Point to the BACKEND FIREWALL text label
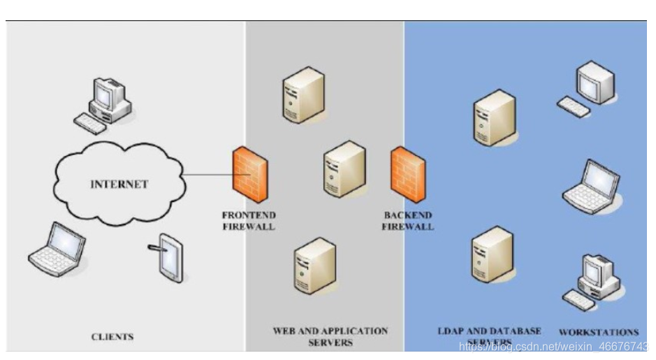point(408,221)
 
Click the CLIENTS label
point(112,337)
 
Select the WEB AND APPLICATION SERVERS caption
point(330,336)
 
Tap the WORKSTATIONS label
point(599,332)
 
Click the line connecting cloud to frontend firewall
point(210,175)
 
